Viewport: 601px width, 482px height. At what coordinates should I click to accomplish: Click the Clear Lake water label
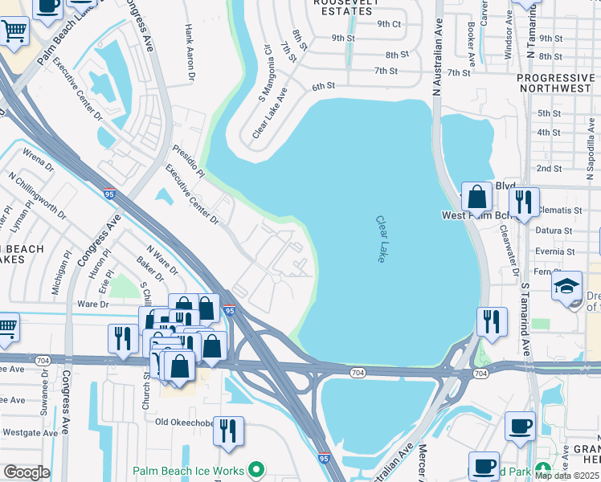[380, 239]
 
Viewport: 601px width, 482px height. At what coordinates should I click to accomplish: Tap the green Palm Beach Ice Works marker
[257, 468]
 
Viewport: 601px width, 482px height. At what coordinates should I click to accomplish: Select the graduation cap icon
[566, 287]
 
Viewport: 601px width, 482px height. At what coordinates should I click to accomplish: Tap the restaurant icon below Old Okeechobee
[228, 431]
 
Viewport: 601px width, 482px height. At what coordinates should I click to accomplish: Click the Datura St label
[558, 231]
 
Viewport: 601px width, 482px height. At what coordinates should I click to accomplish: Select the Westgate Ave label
[29, 432]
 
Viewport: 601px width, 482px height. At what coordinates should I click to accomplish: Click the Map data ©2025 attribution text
[566, 476]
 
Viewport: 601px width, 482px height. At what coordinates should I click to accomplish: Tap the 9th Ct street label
[389, 23]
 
